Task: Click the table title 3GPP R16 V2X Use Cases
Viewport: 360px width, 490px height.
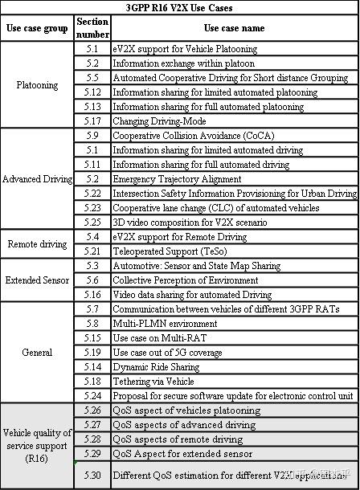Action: (179, 6)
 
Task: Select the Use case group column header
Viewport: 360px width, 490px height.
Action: (37, 28)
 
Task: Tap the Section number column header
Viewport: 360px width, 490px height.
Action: (92, 28)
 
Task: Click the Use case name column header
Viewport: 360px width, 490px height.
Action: (233, 28)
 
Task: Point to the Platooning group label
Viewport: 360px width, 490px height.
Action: (37, 84)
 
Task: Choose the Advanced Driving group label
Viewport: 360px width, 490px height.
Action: (37, 178)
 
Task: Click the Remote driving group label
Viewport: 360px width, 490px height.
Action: (37, 243)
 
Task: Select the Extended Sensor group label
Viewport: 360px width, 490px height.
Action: (37, 280)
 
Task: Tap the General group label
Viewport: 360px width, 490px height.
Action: (37, 352)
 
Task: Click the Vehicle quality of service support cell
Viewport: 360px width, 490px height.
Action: (37, 446)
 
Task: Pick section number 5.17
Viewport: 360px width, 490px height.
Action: (92, 120)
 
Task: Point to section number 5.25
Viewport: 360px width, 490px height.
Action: (92, 222)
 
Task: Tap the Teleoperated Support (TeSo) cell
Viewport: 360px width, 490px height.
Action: (170, 251)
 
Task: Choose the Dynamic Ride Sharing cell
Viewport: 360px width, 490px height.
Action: (155, 366)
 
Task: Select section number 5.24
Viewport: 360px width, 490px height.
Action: (92, 395)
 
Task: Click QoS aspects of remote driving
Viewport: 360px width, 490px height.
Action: (178, 439)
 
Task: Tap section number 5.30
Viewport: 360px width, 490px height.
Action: (92, 475)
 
